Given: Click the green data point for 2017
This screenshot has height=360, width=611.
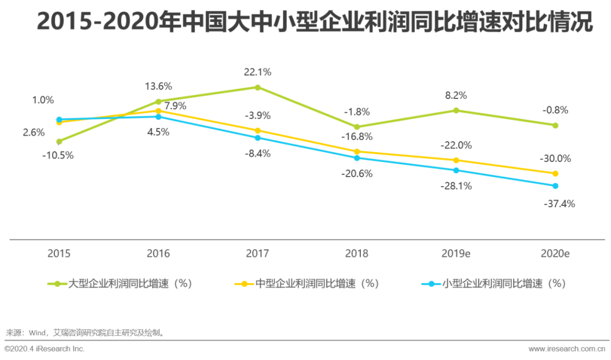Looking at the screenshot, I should (x=257, y=87).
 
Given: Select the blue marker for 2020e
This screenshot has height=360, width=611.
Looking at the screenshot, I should (x=555, y=186).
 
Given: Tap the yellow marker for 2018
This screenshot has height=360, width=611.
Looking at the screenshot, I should (x=357, y=151).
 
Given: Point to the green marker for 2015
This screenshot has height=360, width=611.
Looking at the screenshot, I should (x=59, y=142).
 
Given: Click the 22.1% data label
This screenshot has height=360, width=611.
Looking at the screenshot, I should (x=257, y=72).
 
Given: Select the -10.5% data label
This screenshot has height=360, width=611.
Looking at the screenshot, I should (x=58, y=156).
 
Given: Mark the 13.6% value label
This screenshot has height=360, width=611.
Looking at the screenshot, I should (x=158, y=87).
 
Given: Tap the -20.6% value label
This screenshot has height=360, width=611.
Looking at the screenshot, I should (x=356, y=174).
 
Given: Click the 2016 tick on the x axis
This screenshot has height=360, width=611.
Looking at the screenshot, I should (x=158, y=253).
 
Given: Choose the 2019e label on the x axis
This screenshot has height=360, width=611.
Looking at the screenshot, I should (x=456, y=253).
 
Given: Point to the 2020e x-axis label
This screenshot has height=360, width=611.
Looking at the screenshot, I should (x=555, y=253).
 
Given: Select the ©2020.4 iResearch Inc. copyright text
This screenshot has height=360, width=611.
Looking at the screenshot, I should (x=45, y=349).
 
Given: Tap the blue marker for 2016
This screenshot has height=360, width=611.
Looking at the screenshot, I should (x=158, y=117).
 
